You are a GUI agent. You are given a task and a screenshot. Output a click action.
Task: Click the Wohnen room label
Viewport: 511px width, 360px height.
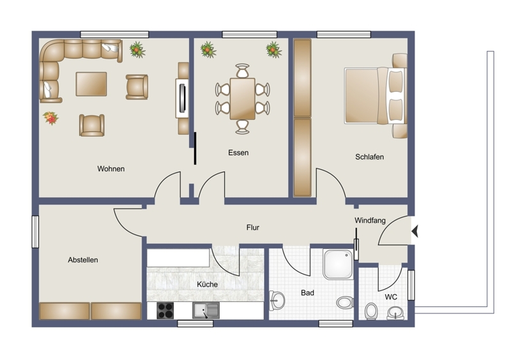[111, 169]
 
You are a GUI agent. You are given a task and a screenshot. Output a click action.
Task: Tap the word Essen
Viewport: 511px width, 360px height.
[238, 153]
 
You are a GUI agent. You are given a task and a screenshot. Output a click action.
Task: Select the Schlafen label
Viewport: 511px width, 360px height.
[369, 157]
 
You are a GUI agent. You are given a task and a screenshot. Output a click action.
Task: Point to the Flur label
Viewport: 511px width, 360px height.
[252, 227]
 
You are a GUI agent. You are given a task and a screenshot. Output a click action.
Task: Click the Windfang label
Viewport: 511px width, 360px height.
[370, 221]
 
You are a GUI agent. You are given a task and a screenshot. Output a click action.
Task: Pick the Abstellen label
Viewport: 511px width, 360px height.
[83, 260]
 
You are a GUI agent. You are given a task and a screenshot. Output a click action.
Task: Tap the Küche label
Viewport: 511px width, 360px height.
[207, 285]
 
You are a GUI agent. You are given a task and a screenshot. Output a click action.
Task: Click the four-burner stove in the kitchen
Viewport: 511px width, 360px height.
[165, 310]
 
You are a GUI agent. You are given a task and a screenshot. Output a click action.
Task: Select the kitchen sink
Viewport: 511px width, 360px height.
[206, 310]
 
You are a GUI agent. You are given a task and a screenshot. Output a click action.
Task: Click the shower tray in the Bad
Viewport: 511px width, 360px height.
[338, 264]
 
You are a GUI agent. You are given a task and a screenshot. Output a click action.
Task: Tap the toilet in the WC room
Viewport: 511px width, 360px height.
[370, 311]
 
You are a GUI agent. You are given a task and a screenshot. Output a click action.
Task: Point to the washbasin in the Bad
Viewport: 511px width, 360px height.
[277, 301]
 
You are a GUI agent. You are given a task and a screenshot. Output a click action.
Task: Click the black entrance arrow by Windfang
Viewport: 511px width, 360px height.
[415, 232]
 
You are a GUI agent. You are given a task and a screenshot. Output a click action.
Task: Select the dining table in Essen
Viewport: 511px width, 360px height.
[243, 99]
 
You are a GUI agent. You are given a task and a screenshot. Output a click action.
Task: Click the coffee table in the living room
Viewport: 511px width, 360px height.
[91, 84]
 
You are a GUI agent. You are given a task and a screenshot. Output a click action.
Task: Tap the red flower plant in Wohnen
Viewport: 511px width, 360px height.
[50, 118]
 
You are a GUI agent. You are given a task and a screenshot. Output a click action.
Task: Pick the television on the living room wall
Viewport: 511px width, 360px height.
[183, 98]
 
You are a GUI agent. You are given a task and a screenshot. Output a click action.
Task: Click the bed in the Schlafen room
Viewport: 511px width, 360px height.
[375, 96]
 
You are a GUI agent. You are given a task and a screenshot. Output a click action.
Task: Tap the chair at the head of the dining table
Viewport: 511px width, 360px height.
[243, 70]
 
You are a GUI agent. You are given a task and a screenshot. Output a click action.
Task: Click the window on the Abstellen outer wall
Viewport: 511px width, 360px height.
[35, 232]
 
